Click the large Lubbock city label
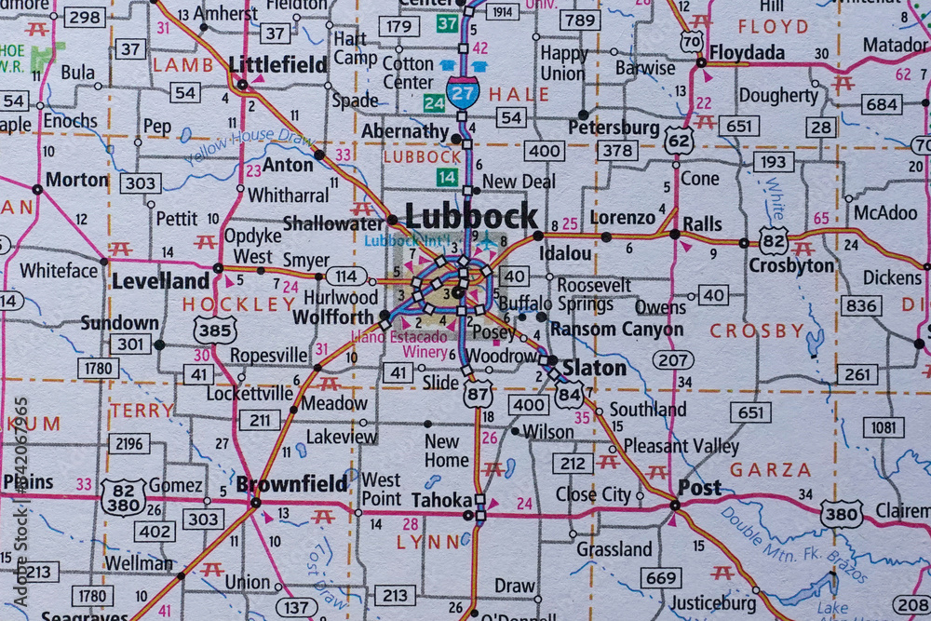coord(472,216)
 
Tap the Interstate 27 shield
coord(463,91)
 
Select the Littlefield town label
coord(277,64)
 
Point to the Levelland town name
coord(161,280)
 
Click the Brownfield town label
coord(291,483)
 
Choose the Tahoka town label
coord(437,499)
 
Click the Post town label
coord(699,487)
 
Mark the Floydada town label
coord(747,52)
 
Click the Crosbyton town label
coord(791,265)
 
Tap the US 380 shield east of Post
coord(841,513)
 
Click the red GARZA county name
coord(770,470)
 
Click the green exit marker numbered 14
coord(450,177)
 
